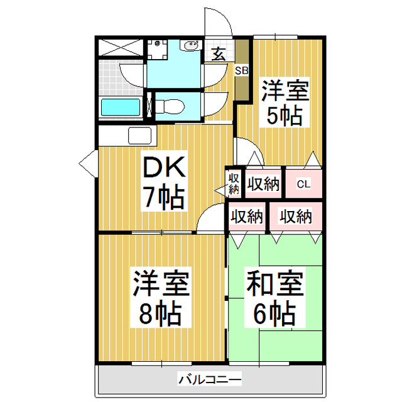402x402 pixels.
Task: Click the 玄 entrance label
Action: (x=219, y=54)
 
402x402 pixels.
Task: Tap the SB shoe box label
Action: (x=242, y=70)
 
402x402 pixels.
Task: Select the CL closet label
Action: (x=303, y=185)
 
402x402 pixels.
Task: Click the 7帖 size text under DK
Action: (x=162, y=198)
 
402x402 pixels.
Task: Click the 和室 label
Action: (x=274, y=284)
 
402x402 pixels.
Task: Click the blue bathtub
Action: (x=121, y=107)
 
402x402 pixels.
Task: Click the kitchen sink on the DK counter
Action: (x=139, y=134)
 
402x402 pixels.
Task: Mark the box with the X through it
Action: (x=121, y=47)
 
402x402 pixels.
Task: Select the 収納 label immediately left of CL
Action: (x=263, y=185)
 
